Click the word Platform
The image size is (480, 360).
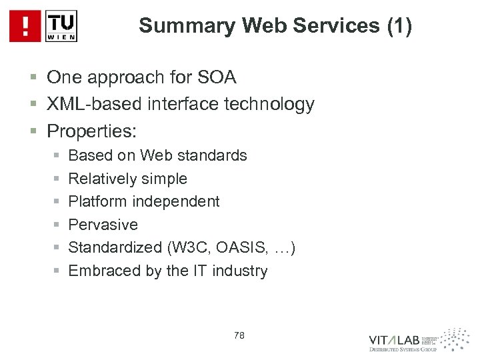96,201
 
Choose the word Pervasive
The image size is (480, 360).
103,225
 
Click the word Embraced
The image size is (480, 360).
101,271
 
